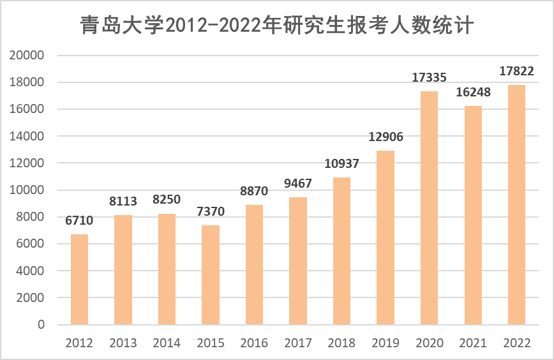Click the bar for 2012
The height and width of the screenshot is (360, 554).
pyautogui.click(x=79, y=279)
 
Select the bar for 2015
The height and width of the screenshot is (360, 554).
pyautogui.click(x=211, y=274)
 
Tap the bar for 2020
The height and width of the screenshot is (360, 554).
pyautogui.click(x=429, y=207)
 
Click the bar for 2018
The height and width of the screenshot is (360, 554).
pyautogui.click(x=341, y=251)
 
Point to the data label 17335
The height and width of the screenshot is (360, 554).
pyautogui.click(x=429, y=78)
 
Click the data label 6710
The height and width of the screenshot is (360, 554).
pyautogui.click(x=79, y=221)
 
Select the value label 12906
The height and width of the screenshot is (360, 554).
pyautogui.click(x=386, y=137)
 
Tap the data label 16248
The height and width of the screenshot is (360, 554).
pyautogui.click(x=473, y=93)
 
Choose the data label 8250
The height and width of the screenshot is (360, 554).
pyautogui.click(x=167, y=200)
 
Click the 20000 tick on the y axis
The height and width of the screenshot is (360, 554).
pyautogui.click(x=28, y=56)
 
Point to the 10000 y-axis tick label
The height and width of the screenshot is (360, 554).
pyautogui.click(x=28, y=190)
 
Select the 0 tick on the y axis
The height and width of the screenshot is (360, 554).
pyautogui.click(x=41, y=325)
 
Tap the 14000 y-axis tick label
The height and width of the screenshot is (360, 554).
pyautogui.click(x=28, y=137)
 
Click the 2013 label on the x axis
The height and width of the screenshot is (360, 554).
pyautogui.click(x=123, y=343)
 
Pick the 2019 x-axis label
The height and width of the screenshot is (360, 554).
pyautogui.click(x=386, y=343)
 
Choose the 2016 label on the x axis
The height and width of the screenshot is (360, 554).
pyautogui.click(x=254, y=343)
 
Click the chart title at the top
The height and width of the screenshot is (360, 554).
pyautogui.click(x=277, y=26)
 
